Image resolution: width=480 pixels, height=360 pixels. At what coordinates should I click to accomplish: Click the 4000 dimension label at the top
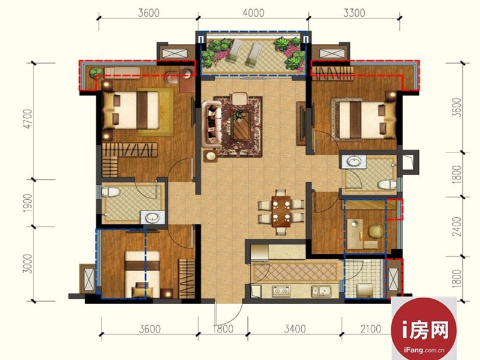[x=253, y=13]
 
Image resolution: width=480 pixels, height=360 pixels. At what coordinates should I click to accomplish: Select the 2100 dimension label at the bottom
[x=371, y=329]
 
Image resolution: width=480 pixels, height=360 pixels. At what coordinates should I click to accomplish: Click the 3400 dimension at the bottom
[x=295, y=329]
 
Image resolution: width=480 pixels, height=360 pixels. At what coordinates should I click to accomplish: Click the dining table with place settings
[x=281, y=212]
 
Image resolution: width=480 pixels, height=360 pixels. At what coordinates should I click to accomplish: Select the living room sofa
[x=212, y=123]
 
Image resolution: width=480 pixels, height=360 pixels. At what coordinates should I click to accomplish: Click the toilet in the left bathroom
[x=110, y=192]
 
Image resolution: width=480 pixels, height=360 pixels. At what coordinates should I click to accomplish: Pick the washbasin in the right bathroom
[x=354, y=161]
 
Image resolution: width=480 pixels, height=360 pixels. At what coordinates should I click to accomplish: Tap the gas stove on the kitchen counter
[x=281, y=291]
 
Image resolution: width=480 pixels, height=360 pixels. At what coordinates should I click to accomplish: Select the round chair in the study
[x=376, y=231]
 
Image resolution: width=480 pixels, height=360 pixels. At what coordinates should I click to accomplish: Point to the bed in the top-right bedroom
[x=364, y=119]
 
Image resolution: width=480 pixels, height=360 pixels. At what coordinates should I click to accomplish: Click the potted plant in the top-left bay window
[x=96, y=73]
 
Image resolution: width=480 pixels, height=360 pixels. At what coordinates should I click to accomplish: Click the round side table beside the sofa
[x=211, y=156]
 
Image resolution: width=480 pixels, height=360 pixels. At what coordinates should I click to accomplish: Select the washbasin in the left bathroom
[x=152, y=218]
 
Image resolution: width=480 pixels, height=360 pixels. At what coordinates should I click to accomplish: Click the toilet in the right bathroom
[x=386, y=185]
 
